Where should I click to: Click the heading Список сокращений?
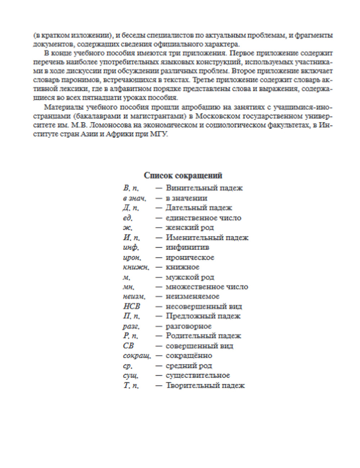point(183,176)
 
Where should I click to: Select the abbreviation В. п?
point(131,188)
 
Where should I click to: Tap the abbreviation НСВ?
point(131,307)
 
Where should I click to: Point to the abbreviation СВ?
point(128,346)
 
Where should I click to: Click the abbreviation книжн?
point(136,267)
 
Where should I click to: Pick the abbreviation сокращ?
point(137,356)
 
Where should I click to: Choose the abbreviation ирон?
point(132,258)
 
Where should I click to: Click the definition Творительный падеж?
point(205,386)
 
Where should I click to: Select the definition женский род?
point(190,228)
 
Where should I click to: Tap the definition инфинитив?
point(187,248)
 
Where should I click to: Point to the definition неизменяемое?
point(192,297)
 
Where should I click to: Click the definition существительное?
point(198,375)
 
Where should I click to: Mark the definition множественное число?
point(207,287)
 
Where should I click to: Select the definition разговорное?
point(189,327)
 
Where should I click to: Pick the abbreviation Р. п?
point(130,336)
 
